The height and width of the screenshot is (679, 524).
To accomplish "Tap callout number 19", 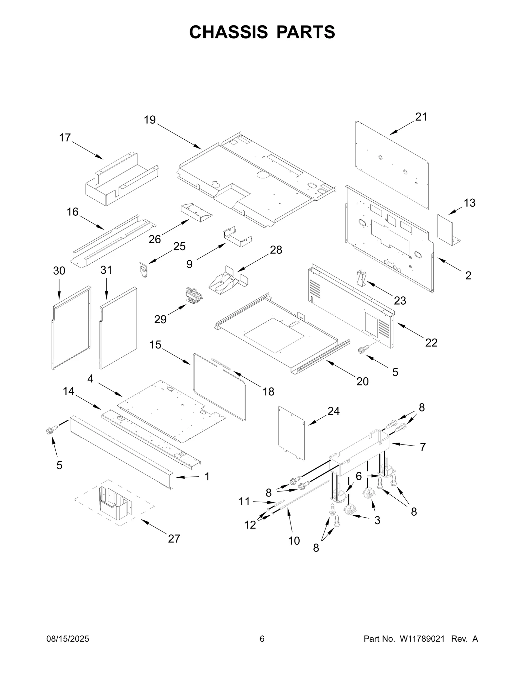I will (x=150, y=120).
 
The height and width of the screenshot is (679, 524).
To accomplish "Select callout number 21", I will (x=421, y=117).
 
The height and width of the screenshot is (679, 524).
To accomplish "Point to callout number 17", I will (x=65, y=138).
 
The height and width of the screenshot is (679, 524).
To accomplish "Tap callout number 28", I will (x=276, y=250).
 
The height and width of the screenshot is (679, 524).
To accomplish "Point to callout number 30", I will (x=59, y=271).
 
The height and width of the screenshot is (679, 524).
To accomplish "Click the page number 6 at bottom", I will (x=262, y=639).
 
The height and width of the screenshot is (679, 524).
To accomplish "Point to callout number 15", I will (x=155, y=345).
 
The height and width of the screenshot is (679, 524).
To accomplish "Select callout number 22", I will (x=431, y=343).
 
